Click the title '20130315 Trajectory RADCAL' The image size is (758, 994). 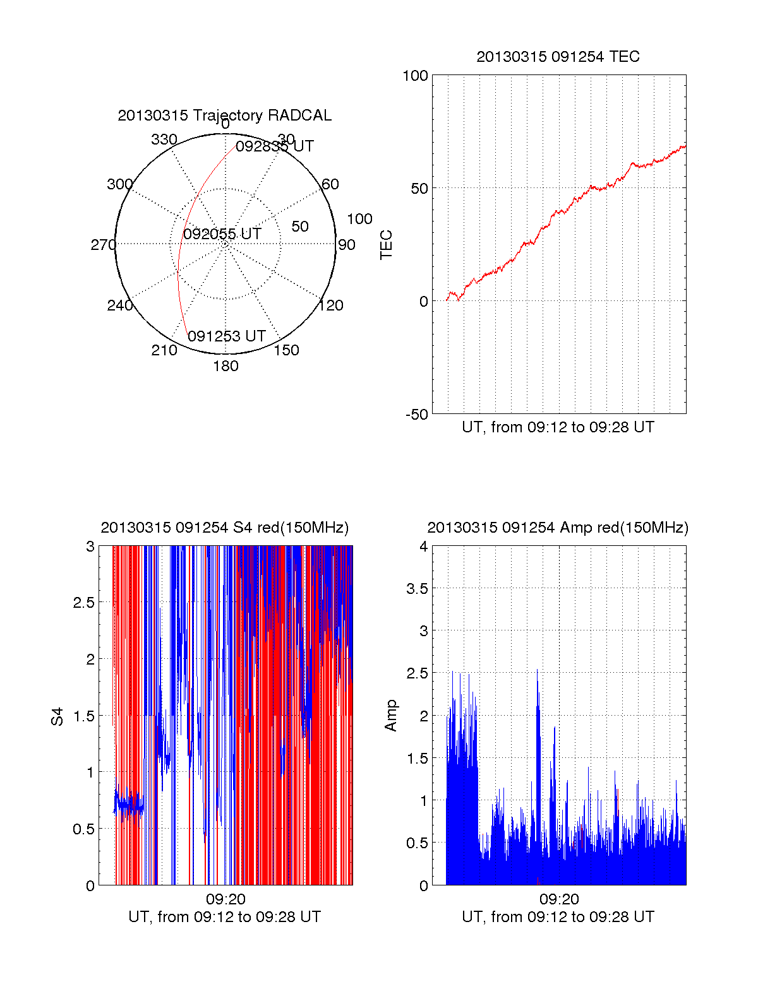[x=224, y=115]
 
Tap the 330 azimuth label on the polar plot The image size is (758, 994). [x=164, y=139]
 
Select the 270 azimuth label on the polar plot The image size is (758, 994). [x=103, y=245]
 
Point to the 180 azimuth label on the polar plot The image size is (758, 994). [x=226, y=366]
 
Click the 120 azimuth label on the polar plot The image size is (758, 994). [x=331, y=305]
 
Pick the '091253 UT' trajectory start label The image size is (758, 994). [x=227, y=336]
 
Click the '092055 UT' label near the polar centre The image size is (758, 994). [x=222, y=234]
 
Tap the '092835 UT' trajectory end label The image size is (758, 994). [x=275, y=146]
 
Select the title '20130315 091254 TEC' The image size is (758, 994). [x=558, y=57]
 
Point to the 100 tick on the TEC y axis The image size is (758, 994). [x=415, y=76]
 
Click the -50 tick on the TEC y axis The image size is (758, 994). [x=417, y=415]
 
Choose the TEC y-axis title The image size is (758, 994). [x=386, y=245]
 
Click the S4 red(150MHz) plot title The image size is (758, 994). [x=224, y=528]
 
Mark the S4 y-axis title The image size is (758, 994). [x=57, y=716]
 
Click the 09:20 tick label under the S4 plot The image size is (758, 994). [x=226, y=899]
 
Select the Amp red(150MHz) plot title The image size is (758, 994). [x=558, y=528]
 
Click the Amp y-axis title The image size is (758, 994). [x=391, y=716]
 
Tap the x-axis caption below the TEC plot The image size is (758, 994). [x=558, y=427]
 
